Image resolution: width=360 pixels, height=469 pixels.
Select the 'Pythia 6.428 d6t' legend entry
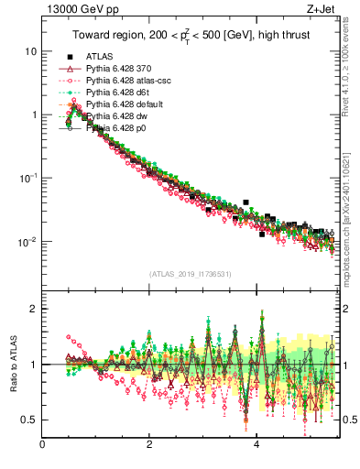[x=122, y=93]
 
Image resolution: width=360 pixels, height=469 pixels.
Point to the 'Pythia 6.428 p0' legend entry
[x=121, y=129]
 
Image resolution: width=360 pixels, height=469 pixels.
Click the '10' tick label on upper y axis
[x=29, y=51]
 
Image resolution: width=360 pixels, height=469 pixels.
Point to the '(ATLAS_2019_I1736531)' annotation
[x=190, y=273]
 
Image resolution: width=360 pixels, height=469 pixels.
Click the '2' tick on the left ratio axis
[x=35, y=309]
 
